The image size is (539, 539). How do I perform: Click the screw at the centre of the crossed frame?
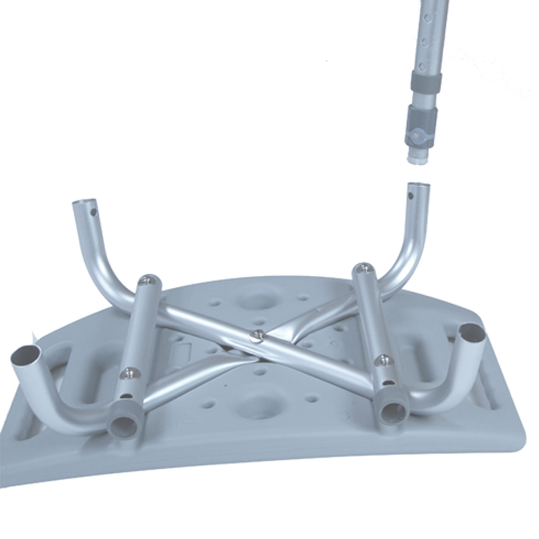click(257, 335)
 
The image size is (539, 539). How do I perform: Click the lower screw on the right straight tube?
click(384, 360)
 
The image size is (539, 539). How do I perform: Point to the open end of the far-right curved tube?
click(472, 333)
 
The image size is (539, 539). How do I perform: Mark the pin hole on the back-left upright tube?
click(94, 213)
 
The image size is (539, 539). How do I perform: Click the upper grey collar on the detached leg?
click(426, 82)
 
